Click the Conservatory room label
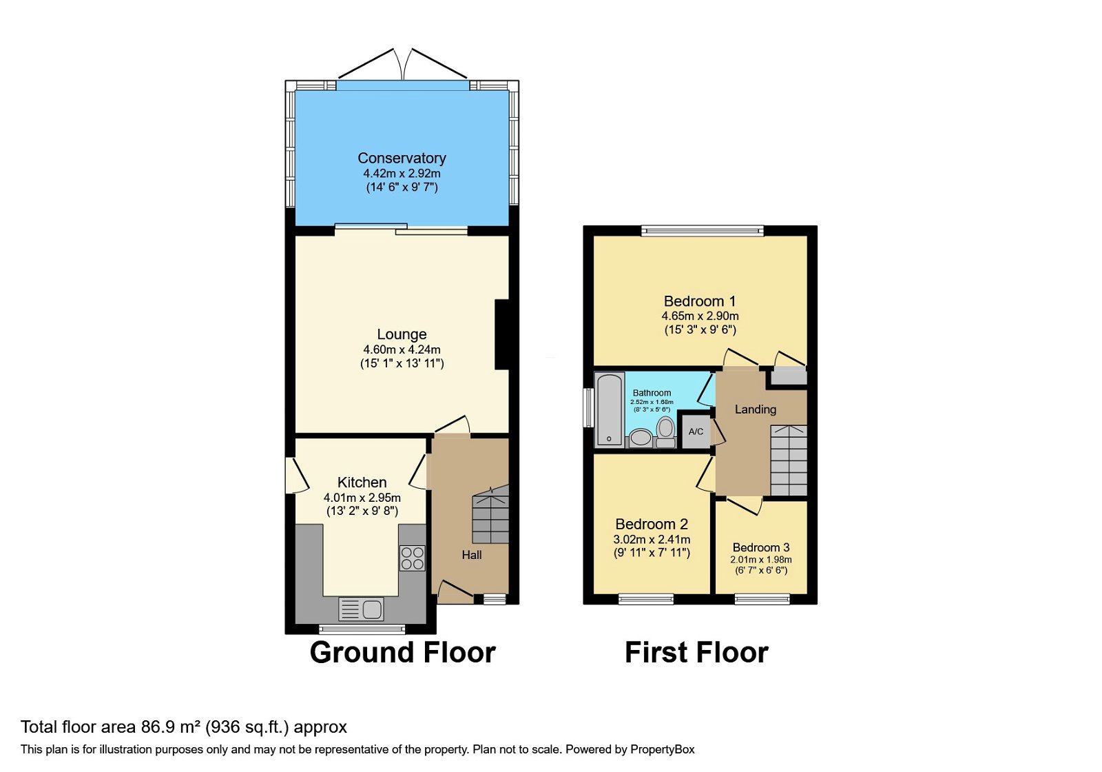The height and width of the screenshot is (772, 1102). pyautogui.click(x=402, y=158)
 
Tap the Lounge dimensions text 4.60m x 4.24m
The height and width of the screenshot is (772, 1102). pyautogui.click(x=402, y=349)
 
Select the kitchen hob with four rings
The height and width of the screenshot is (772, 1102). pyautogui.click(x=412, y=558)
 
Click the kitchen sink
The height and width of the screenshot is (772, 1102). pyautogui.click(x=362, y=609)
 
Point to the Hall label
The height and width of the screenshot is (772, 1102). pyautogui.click(x=471, y=555)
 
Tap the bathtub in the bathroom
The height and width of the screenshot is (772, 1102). pyautogui.click(x=609, y=409)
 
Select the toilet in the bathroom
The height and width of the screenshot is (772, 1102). pyautogui.click(x=665, y=431)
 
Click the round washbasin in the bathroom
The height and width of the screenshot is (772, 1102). pyautogui.click(x=641, y=437)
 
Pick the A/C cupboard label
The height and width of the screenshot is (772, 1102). pyautogui.click(x=696, y=431)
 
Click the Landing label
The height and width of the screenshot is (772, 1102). pyautogui.click(x=755, y=409)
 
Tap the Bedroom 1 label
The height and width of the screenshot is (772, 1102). pyautogui.click(x=699, y=301)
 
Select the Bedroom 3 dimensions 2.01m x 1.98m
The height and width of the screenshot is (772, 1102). pyautogui.click(x=760, y=560)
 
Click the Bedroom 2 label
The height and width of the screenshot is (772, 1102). pyautogui.click(x=652, y=524)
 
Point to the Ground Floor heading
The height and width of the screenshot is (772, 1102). pyautogui.click(x=402, y=652)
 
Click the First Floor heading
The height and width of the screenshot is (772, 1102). pyautogui.click(x=696, y=652)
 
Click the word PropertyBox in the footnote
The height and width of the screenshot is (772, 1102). pyautogui.click(x=662, y=749)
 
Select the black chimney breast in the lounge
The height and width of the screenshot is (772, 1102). pyautogui.click(x=501, y=334)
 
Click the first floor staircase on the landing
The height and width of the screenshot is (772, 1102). pyautogui.click(x=788, y=460)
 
